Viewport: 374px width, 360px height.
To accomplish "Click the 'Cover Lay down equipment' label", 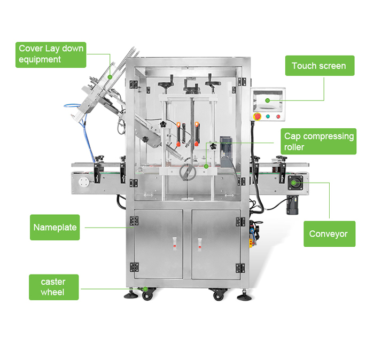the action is tap(51, 55).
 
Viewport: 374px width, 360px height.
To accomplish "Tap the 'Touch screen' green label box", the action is tap(320, 66).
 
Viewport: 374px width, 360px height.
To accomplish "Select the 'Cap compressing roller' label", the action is tap(318, 142).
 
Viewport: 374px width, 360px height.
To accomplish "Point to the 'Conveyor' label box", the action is tap(330, 234).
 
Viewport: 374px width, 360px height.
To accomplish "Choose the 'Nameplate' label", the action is tap(54, 228).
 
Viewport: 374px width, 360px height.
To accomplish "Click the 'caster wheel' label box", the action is tap(53, 287).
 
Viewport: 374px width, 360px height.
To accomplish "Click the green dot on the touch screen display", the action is tap(267, 100).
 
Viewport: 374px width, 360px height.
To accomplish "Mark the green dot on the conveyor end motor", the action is tap(294, 183).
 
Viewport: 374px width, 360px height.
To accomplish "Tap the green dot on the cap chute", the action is tap(110, 77).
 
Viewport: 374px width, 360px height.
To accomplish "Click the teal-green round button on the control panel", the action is tap(268, 116).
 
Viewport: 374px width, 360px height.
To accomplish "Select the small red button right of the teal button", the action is tap(278, 116).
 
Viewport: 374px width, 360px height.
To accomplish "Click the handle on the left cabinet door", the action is tap(175, 244).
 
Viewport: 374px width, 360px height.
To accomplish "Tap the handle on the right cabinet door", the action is tap(200, 245).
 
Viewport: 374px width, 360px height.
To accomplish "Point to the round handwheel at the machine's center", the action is tap(188, 171).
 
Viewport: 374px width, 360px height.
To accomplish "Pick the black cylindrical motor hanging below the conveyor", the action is tap(292, 205).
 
